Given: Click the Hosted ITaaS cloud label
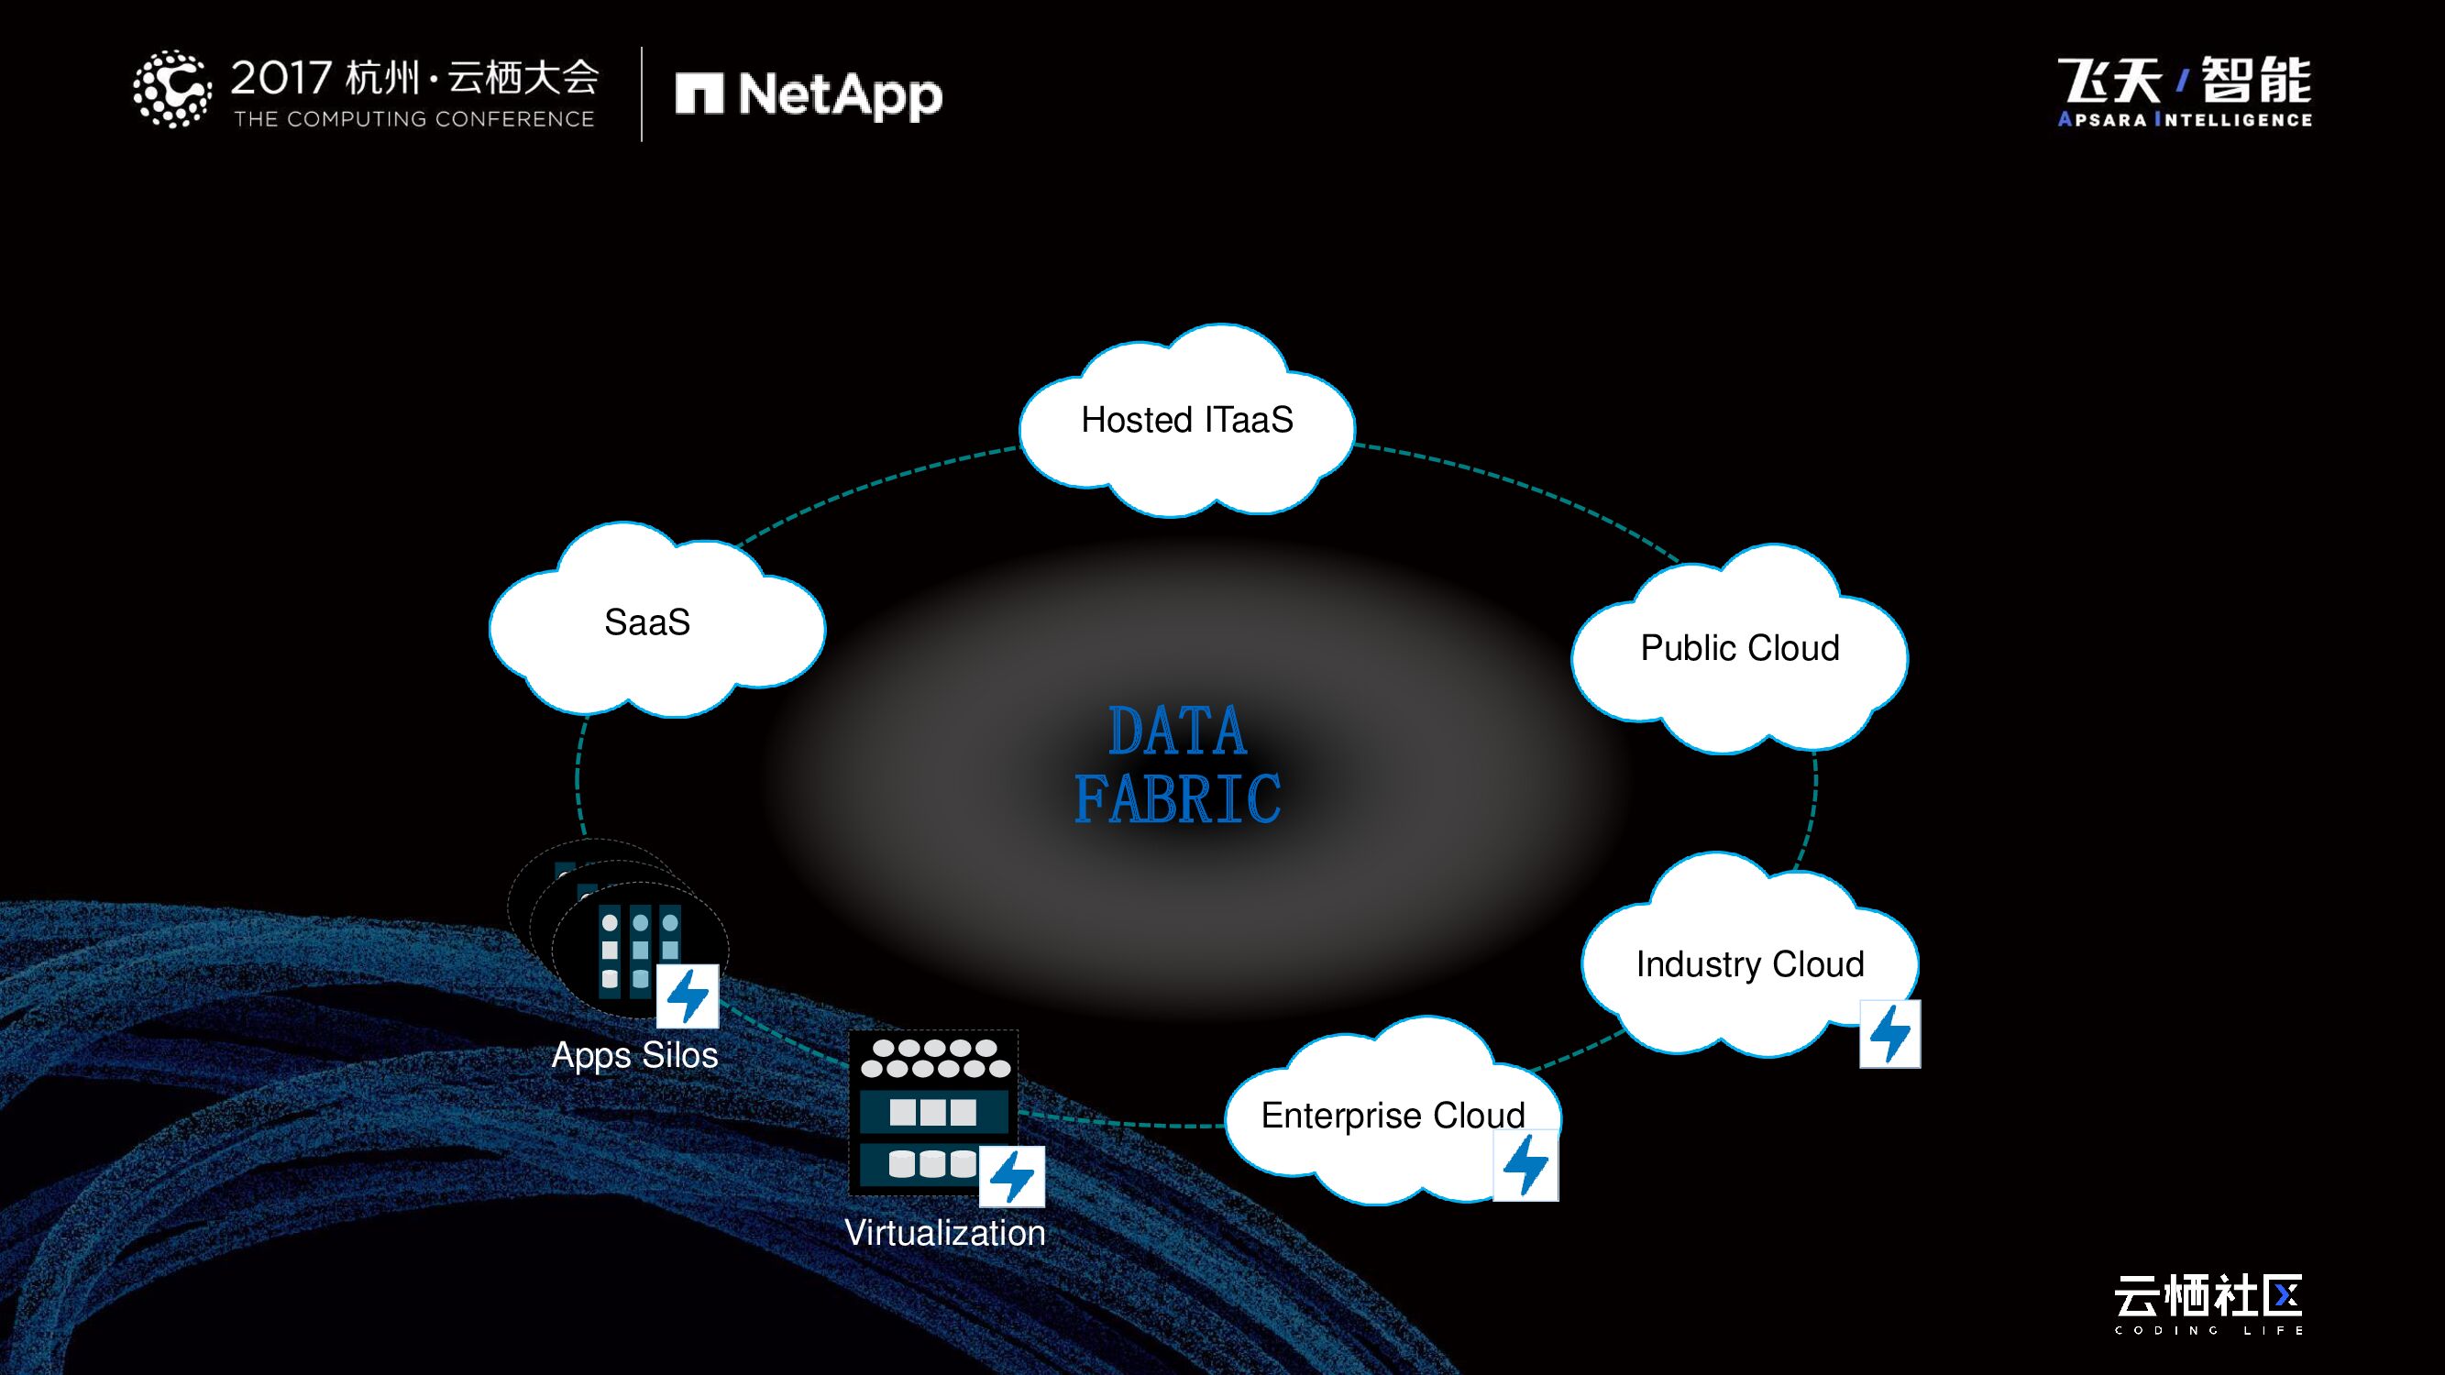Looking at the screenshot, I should click(1186, 420).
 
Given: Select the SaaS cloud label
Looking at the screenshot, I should click(647, 622).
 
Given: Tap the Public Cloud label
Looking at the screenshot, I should click(1740, 648).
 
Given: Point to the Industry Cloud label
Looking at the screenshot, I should click(1749, 964).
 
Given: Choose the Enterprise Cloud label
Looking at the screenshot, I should click(1393, 1115).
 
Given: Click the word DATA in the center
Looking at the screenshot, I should click(1177, 731).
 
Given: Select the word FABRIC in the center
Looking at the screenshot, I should click(1177, 799).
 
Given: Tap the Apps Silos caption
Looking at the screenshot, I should click(634, 1055).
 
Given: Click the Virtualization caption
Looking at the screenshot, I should click(944, 1233).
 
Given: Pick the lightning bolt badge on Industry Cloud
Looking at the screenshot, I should click(1889, 1033).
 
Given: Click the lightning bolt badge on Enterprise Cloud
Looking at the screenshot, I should click(1526, 1165).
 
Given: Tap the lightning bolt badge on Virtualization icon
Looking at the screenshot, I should click(1012, 1177).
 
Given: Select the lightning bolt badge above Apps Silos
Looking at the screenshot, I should click(688, 996).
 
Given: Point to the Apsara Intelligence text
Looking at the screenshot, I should click(2184, 119).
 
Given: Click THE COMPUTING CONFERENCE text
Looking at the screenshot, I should click(413, 119).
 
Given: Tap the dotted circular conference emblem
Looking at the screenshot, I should click(171, 88).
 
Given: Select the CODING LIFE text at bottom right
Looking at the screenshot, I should click(2208, 1330).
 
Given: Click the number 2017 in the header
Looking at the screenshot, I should click(281, 78).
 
